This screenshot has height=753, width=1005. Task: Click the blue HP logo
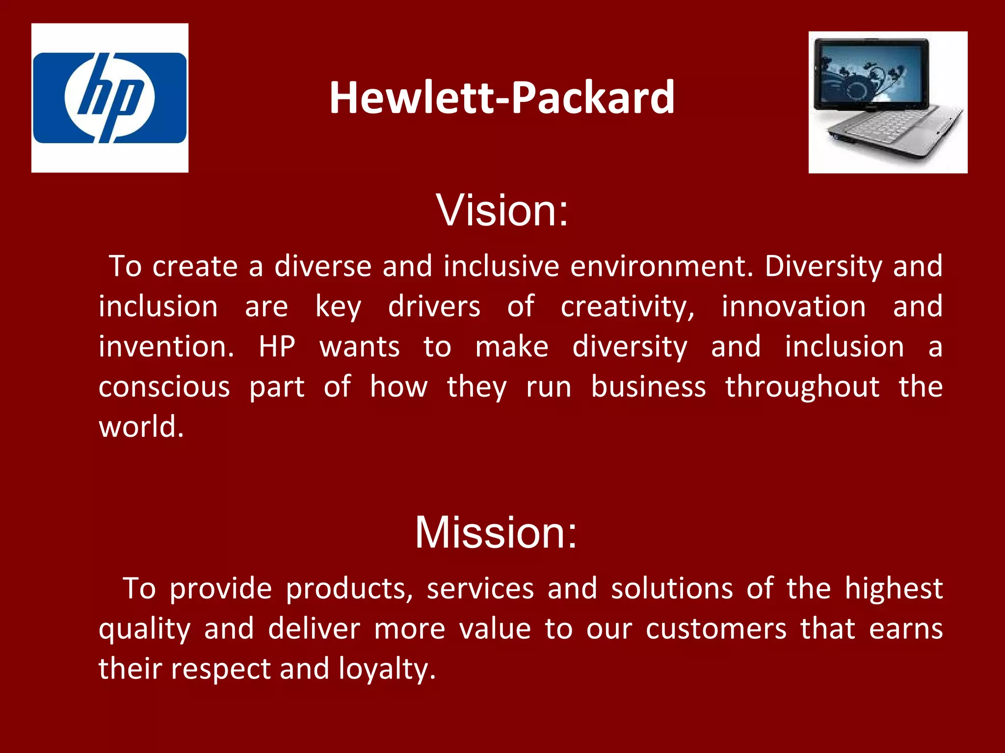[x=110, y=98]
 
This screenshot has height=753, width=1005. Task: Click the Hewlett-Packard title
[x=502, y=98]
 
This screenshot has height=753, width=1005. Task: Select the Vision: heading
[x=502, y=210]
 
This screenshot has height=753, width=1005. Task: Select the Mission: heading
[x=496, y=532]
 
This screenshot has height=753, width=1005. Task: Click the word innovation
[x=793, y=307]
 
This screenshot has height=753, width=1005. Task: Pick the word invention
[x=166, y=347]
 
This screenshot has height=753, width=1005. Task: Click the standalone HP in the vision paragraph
[x=277, y=347]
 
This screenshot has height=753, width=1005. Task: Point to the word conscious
[x=164, y=387]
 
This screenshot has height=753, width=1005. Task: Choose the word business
[x=648, y=387]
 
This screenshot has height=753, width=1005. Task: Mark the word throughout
[x=802, y=387]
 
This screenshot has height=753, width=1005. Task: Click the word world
[x=141, y=427]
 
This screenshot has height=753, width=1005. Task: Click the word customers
[x=716, y=629]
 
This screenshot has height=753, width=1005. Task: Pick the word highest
[x=894, y=589]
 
